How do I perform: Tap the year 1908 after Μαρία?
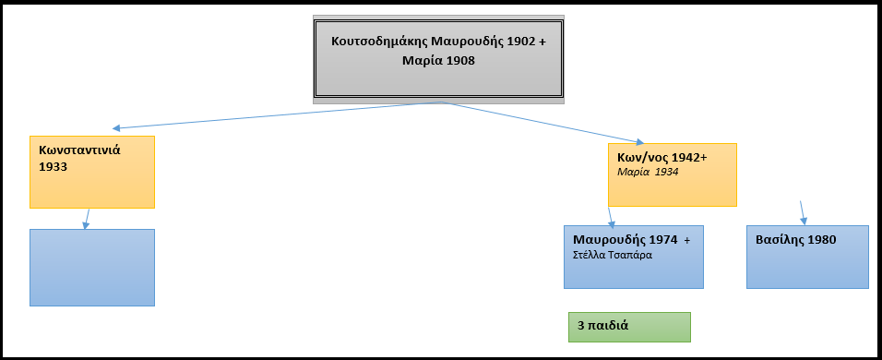459,61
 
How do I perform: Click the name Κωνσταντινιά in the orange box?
80,150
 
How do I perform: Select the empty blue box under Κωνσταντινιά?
91,268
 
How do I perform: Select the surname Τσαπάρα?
631,255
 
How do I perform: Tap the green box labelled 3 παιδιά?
629,326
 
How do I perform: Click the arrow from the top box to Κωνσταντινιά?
277,115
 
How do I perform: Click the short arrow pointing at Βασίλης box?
803,212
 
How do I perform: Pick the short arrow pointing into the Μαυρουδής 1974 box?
611,218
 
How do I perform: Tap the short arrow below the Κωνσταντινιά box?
87,218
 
